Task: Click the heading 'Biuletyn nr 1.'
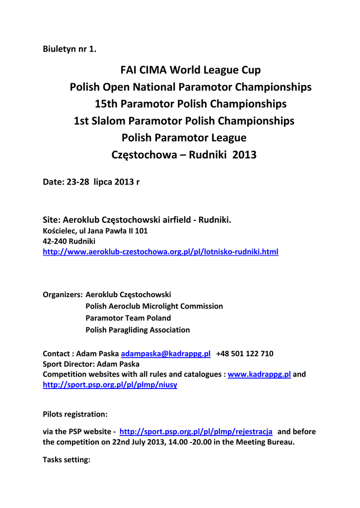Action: coord(70,49)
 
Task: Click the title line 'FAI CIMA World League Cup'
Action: coord(190,70)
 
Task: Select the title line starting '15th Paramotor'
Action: coord(190,104)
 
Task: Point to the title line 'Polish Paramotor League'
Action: coord(184,138)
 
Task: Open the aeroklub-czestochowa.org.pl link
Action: coord(160,252)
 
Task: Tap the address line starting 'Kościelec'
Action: coord(95,231)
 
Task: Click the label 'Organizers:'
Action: coord(63,295)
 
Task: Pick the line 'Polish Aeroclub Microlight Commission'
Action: coord(154,307)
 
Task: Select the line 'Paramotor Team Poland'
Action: coord(128,318)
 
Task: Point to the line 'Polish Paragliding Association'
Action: coord(138,330)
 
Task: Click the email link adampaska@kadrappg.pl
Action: coord(166,354)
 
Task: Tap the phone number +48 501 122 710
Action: coord(245,354)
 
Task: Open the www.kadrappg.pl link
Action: coord(259,375)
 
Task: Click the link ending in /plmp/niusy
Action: coord(110,385)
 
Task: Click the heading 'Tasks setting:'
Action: coord(67,460)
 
